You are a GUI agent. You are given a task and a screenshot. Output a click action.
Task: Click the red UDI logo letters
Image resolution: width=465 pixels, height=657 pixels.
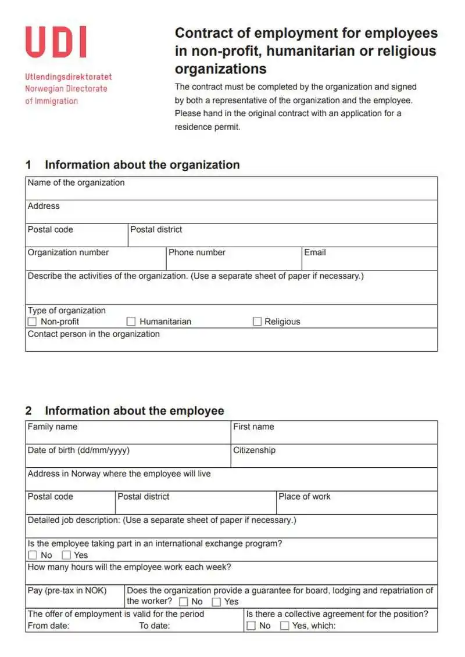[x=56, y=42]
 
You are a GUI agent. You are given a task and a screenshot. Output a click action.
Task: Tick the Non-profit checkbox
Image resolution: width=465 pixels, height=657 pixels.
[x=33, y=322]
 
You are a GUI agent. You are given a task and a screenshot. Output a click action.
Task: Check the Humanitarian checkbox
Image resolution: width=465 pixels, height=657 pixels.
[x=131, y=322]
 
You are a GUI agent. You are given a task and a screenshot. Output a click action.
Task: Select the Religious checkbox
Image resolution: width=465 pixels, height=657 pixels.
[x=257, y=322]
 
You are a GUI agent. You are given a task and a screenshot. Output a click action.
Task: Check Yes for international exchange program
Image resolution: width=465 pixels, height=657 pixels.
[x=66, y=555]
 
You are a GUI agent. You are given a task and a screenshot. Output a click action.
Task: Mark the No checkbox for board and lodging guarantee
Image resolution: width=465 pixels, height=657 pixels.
[x=184, y=602]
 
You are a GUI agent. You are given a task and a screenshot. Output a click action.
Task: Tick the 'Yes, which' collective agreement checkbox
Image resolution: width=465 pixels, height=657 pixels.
[x=285, y=626]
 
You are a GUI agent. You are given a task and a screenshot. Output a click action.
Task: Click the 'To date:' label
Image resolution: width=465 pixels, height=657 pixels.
[x=155, y=626]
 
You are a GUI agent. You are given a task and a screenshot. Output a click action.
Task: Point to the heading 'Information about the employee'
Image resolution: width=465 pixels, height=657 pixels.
[x=134, y=411]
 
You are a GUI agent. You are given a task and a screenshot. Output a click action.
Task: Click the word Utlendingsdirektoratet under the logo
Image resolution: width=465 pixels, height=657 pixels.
[x=69, y=77]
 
